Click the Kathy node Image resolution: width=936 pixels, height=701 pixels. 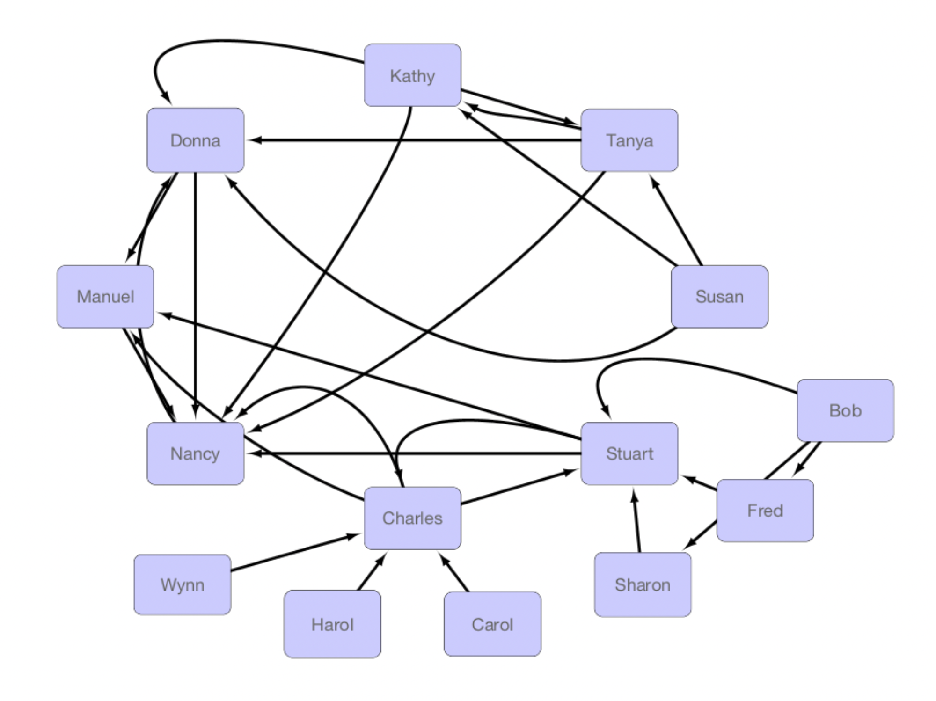pyautogui.click(x=412, y=75)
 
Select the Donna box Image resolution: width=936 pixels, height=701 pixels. pyautogui.click(x=195, y=140)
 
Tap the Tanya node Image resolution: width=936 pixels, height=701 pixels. pyautogui.click(x=629, y=140)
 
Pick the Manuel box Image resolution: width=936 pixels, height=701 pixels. pyautogui.click(x=105, y=297)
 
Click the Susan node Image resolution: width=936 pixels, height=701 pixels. pyautogui.click(x=719, y=297)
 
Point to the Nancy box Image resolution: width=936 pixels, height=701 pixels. pyautogui.click(x=195, y=453)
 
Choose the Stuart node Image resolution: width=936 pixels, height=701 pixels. pyautogui.click(x=629, y=453)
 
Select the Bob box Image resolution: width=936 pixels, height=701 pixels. pyautogui.click(x=845, y=410)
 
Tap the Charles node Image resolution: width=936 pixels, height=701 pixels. pyautogui.click(x=412, y=518)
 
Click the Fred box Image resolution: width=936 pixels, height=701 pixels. pyautogui.click(x=765, y=511)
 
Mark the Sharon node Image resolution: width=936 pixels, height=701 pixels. pyautogui.click(x=643, y=585)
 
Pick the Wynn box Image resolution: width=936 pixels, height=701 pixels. pyautogui.click(x=182, y=585)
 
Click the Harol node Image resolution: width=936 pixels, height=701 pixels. pyautogui.click(x=332, y=624)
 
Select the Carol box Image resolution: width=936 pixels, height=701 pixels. pyautogui.click(x=492, y=624)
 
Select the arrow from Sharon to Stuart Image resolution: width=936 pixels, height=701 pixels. pyautogui.click(x=637, y=520)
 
